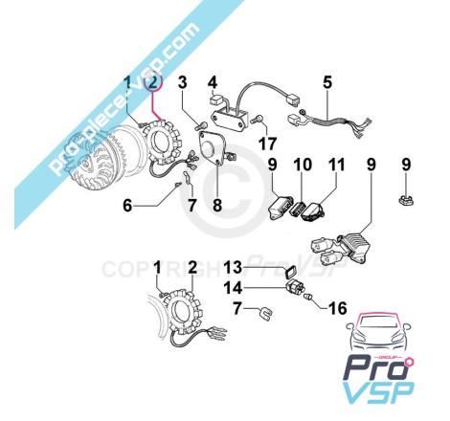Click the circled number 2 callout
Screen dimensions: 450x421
coord(153,82)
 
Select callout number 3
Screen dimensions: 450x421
coord(182,82)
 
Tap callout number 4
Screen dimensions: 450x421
coord(213,82)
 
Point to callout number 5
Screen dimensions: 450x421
coord(327,82)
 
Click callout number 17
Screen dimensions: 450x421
coord(267,144)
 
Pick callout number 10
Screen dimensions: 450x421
coord(303,165)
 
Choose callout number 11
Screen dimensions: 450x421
coord(337,165)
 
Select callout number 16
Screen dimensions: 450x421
coord(338,308)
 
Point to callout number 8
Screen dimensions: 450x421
coord(217,205)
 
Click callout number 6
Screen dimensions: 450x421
coord(127,205)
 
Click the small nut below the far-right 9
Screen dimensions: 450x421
coord(405,201)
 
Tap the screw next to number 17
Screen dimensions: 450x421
coord(257,121)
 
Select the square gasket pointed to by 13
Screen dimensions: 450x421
coord(290,273)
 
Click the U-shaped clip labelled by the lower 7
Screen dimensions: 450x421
coord(266,313)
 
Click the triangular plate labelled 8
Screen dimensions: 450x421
coord(213,147)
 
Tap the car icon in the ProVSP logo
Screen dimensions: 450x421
coord(378,332)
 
